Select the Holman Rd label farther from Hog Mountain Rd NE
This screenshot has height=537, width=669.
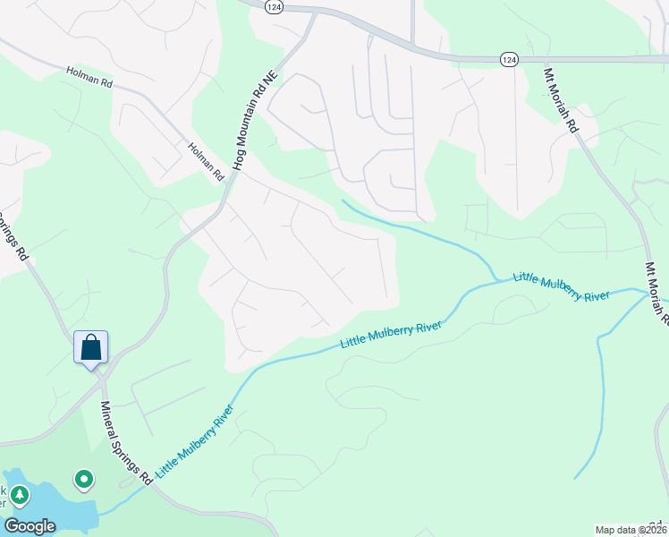click(x=88, y=77)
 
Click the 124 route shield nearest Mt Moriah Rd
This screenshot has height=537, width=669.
click(x=508, y=59)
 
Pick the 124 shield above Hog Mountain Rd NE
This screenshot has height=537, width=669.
click(x=274, y=5)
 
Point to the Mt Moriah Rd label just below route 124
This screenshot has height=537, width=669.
click(x=562, y=98)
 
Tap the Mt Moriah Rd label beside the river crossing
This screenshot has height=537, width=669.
click(x=656, y=291)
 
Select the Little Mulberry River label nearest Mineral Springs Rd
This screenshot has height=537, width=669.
click(x=194, y=440)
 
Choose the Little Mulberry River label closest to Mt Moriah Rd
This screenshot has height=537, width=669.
click(x=561, y=287)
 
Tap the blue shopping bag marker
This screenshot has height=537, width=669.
click(x=90, y=347)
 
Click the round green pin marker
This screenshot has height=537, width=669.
click(x=83, y=481)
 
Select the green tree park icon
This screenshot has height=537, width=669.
click(x=19, y=495)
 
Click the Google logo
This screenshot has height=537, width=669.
click(x=30, y=526)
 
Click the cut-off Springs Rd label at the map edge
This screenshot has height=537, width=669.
click(x=13, y=235)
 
